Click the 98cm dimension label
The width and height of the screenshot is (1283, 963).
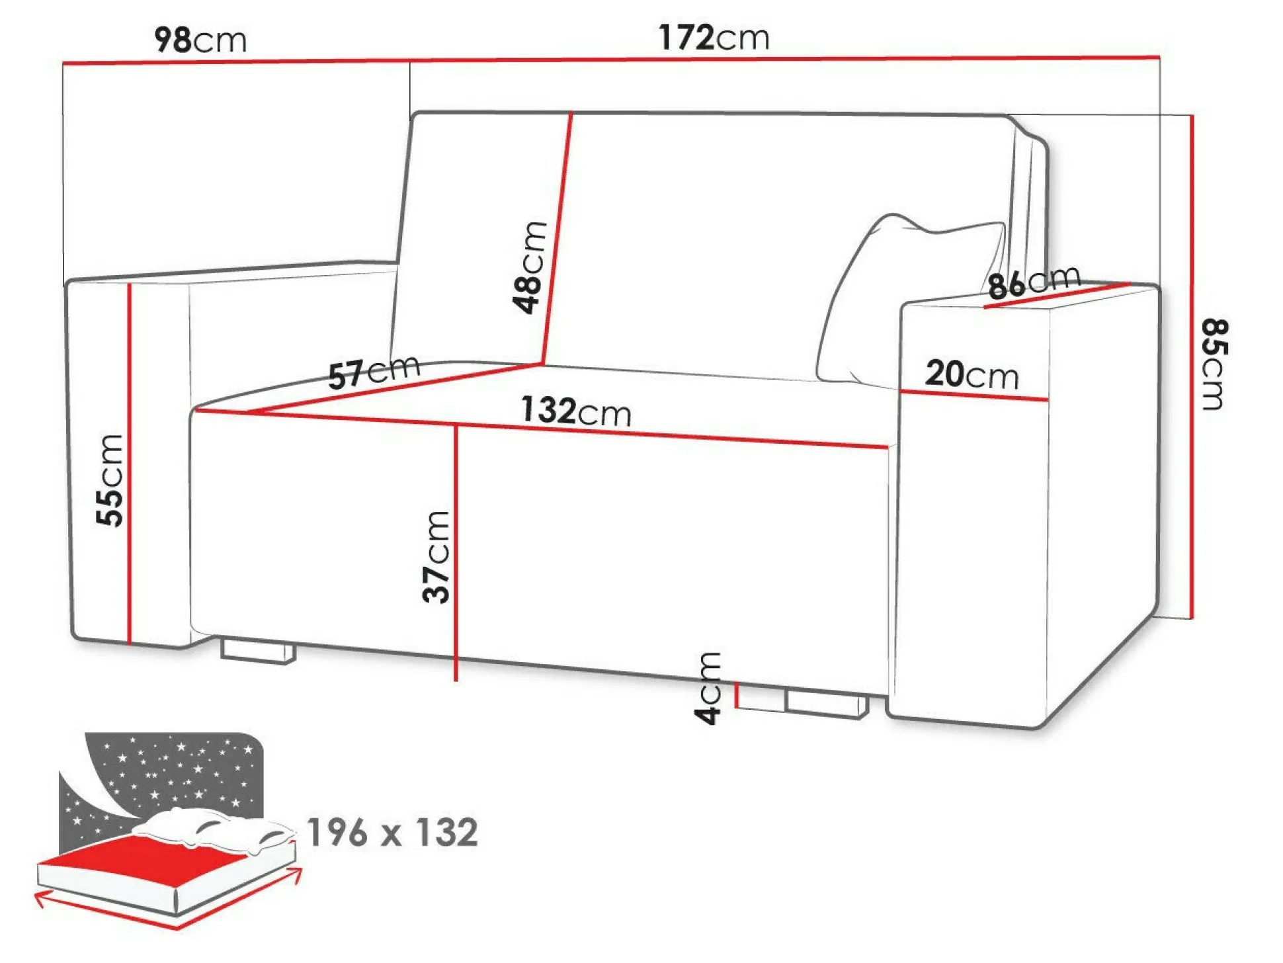pos(200,40)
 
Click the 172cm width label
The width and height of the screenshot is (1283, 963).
pos(714,37)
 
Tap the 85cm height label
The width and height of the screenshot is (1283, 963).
pos(1213,364)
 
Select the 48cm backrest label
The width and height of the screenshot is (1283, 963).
pos(530,267)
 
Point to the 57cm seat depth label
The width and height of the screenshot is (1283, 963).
pos(374,372)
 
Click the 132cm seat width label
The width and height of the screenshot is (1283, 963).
pos(576,411)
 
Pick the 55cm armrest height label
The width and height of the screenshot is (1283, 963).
pos(110,480)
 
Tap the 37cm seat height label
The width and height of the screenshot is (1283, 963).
pos(436,557)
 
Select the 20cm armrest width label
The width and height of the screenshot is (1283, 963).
pos(972,374)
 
